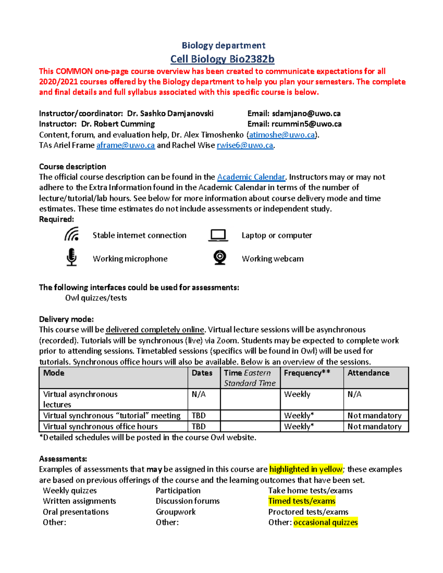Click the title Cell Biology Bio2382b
tap(222, 59)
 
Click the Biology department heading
tap(223, 45)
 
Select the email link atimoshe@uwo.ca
tap(282, 135)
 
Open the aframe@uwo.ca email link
tap(126, 145)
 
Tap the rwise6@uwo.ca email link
tap(245, 145)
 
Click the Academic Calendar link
tap(251, 177)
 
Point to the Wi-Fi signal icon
tap(72, 234)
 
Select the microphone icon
tap(72, 257)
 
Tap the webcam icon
tap(220, 258)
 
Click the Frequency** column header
tap(307, 373)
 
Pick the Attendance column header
tap(368, 373)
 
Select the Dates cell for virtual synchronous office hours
tap(199, 427)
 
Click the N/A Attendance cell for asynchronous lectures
tap(354, 394)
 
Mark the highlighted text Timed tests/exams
tap(302, 501)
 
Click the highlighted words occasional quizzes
tap(326, 522)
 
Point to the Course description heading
tap(73, 166)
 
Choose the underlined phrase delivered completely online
tap(155, 329)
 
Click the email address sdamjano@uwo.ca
tap(306, 114)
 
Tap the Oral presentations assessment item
tap(76, 512)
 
